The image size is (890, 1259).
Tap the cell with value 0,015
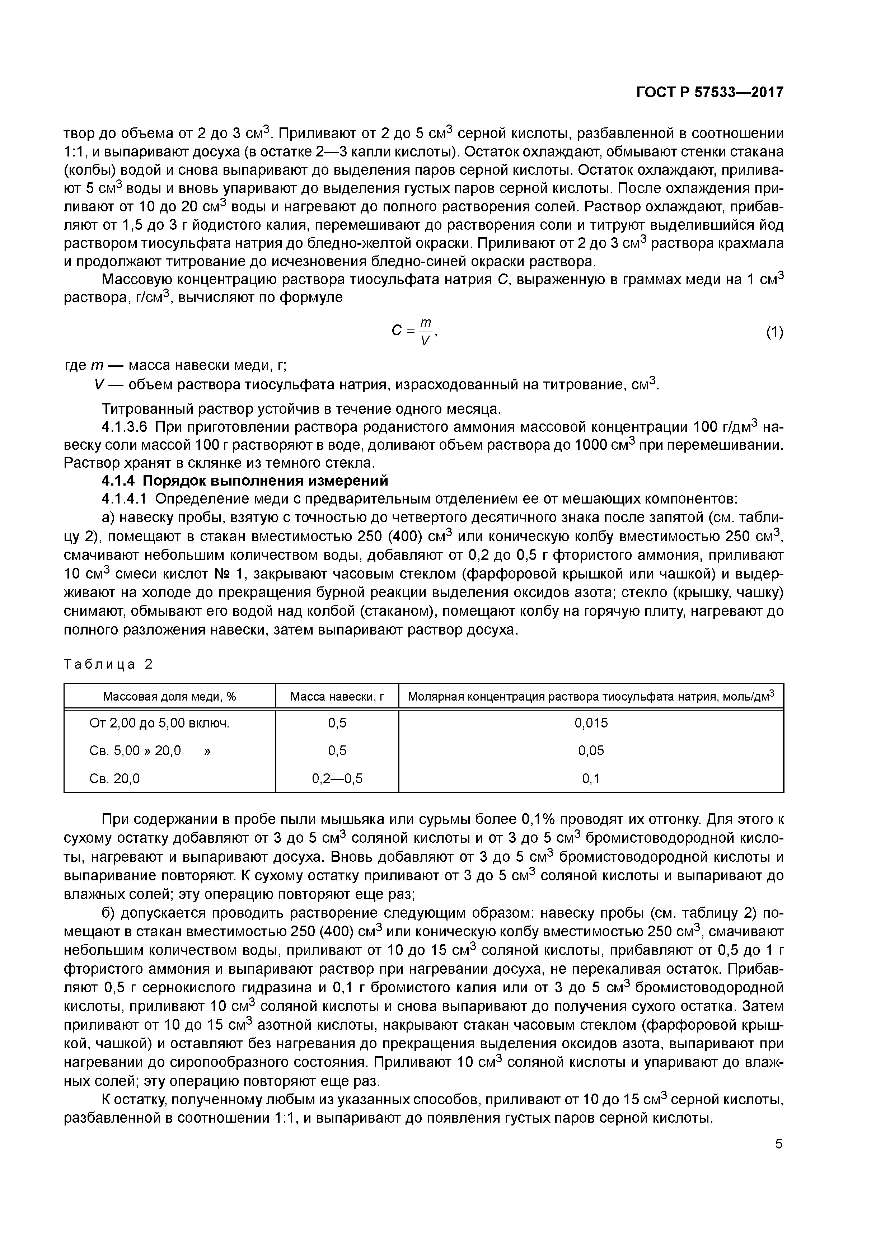click(591, 723)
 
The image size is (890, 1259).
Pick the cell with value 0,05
click(591, 750)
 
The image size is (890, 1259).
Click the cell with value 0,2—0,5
click(337, 778)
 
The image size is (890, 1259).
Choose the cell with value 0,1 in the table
click(591, 778)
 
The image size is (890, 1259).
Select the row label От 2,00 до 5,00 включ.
click(159, 723)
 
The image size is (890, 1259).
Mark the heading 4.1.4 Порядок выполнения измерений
click(245, 480)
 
